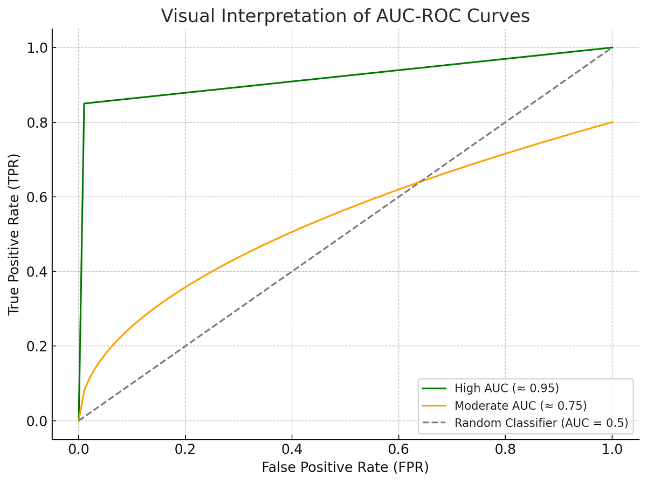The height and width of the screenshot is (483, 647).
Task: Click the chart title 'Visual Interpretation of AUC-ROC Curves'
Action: tap(345, 16)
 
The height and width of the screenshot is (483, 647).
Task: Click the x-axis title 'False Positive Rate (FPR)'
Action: tap(345, 467)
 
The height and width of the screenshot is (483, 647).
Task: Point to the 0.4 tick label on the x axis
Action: tap(292, 448)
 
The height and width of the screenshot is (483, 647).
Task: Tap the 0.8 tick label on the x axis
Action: tap(505, 448)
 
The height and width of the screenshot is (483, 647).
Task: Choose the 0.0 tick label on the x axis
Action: tap(79, 448)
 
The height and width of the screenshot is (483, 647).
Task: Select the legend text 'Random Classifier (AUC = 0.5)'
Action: tap(541, 423)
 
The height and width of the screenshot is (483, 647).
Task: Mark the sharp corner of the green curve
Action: tap(84, 103)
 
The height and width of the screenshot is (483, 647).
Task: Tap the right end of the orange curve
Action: tap(612, 122)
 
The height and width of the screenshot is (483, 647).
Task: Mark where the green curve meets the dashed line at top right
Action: tap(612, 48)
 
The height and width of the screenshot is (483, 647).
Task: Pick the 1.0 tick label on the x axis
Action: tap(612, 448)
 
